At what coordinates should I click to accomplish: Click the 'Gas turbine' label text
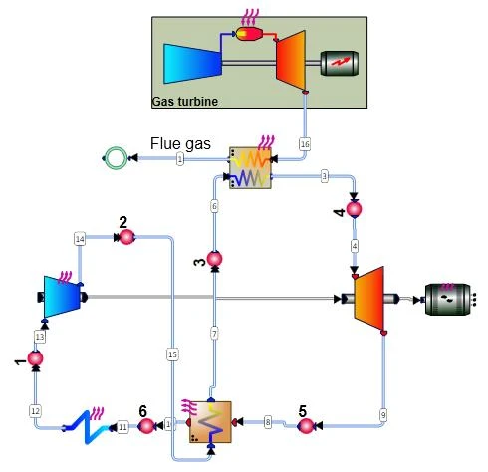pos(184,101)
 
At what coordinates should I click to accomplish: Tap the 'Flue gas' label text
pos(181,143)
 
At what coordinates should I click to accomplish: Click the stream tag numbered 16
pos(305,144)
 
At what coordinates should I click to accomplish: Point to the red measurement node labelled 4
pos(353,210)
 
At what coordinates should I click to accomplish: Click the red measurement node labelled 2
pos(125,237)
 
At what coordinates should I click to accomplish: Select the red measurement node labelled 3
pos(214,259)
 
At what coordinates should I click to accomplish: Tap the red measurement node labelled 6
pos(145,426)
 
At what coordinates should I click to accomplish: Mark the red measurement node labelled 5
pos(306,426)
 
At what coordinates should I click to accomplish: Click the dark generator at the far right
pos(448,297)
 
